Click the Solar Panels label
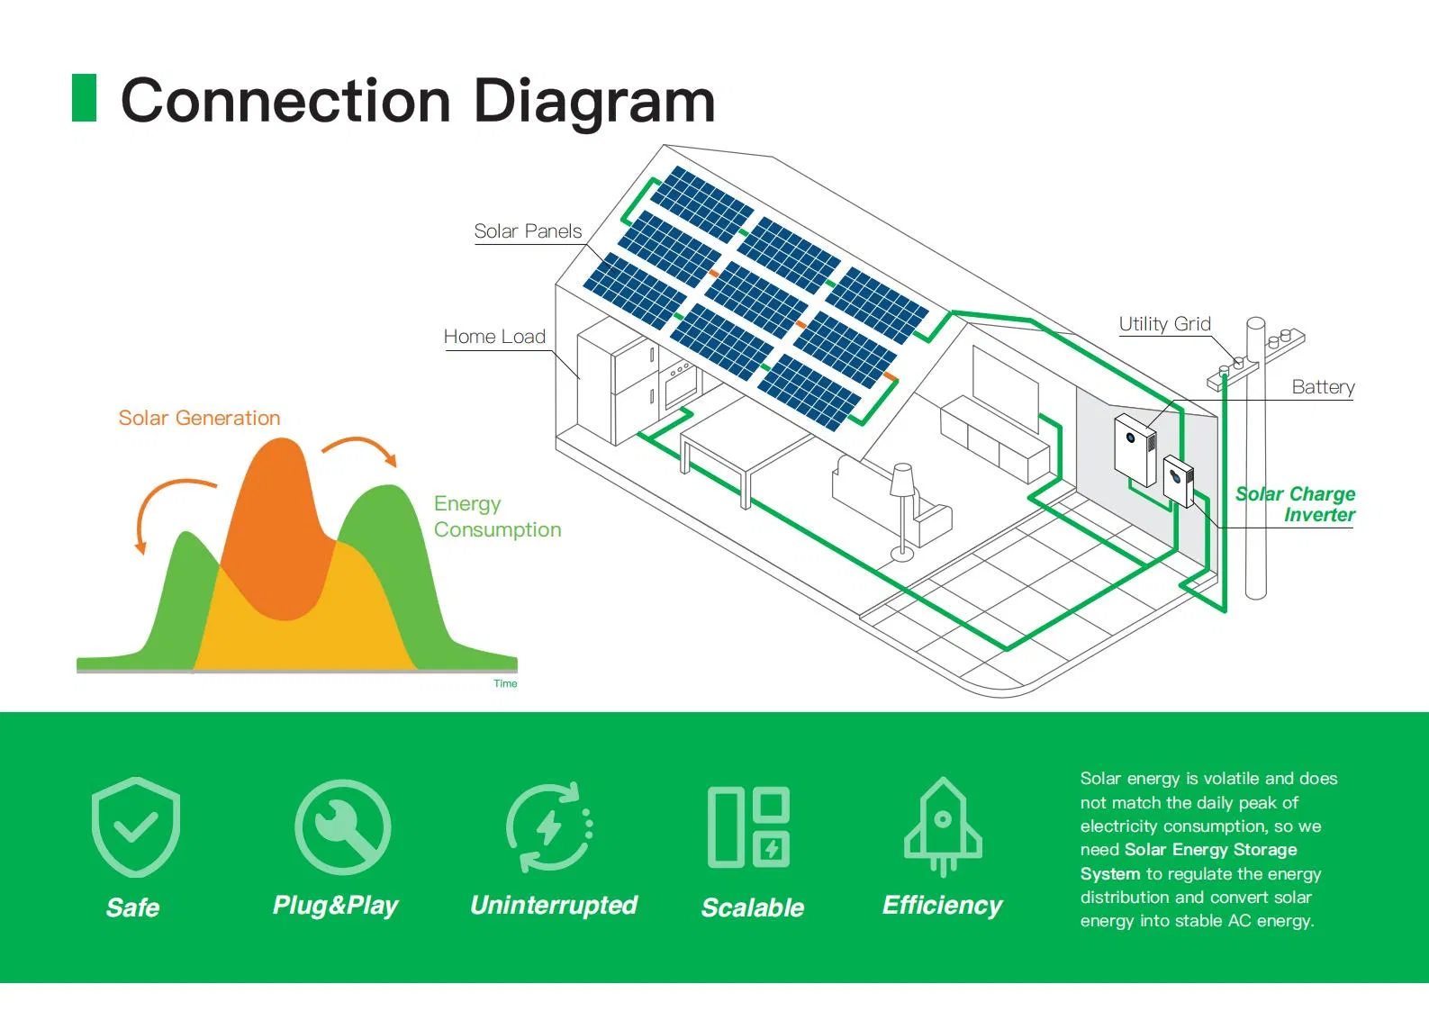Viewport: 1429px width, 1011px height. click(528, 231)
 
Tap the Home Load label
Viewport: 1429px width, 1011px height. click(494, 337)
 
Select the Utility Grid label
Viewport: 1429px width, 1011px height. click(1164, 324)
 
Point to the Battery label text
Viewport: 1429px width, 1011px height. click(1323, 387)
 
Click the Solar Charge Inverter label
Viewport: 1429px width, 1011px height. click(1296, 504)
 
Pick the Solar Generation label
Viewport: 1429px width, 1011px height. click(199, 418)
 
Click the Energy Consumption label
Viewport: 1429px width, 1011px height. click(496, 517)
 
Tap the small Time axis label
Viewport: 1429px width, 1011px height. click(505, 684)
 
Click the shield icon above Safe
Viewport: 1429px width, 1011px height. click(136, 827)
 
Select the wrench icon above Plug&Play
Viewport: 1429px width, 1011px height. click(342, 827)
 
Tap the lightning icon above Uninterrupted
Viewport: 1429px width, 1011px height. click(549, 827)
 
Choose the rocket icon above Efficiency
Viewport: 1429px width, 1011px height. click(943, 827)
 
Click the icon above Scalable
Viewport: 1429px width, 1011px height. click(748, 827)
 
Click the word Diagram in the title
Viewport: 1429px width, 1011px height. click(594, 100)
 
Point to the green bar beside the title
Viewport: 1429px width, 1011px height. click(84, 98)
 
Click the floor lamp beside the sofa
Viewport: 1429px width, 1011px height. click(902, 509)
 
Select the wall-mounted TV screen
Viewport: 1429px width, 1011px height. click(1005, 387)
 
